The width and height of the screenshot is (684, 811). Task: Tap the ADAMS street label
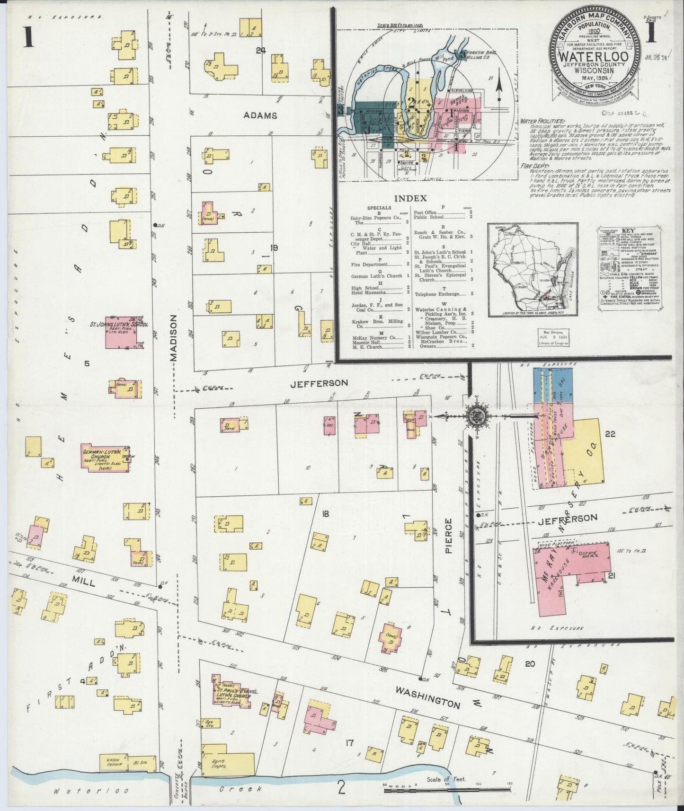point(260,115)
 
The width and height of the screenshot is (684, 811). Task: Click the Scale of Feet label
point(446,779)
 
